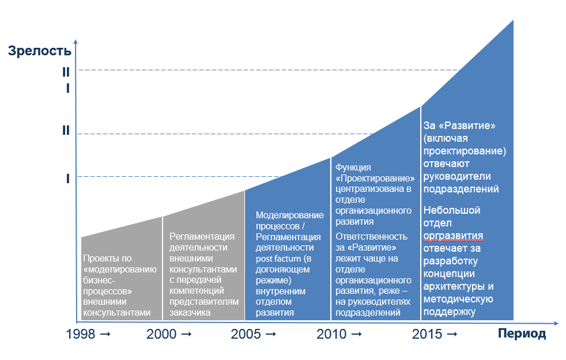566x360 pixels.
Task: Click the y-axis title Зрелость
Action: (40, 51)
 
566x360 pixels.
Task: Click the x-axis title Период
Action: (522, 334)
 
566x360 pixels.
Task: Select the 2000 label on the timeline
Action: (161, 334)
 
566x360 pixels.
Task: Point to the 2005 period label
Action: (245, 334)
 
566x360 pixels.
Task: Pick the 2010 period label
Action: (331, 334)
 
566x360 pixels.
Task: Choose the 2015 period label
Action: (427, 334)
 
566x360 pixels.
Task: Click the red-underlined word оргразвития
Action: (454, 236)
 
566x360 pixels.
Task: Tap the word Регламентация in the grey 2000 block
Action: (202, 236)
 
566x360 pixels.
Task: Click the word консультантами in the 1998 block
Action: (117, 313)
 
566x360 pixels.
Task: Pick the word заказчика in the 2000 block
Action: (190, 313)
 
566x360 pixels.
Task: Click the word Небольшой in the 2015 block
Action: (452, 210)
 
